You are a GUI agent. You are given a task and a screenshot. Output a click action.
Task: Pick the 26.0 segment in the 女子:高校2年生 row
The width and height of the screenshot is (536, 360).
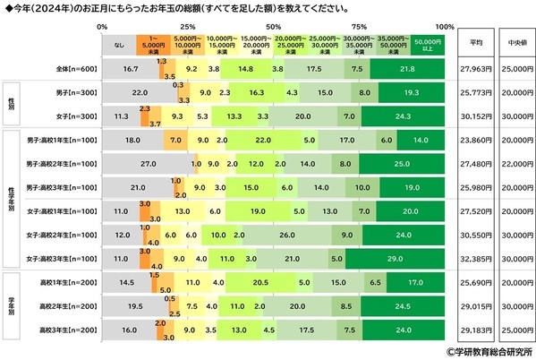[287, 235]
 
